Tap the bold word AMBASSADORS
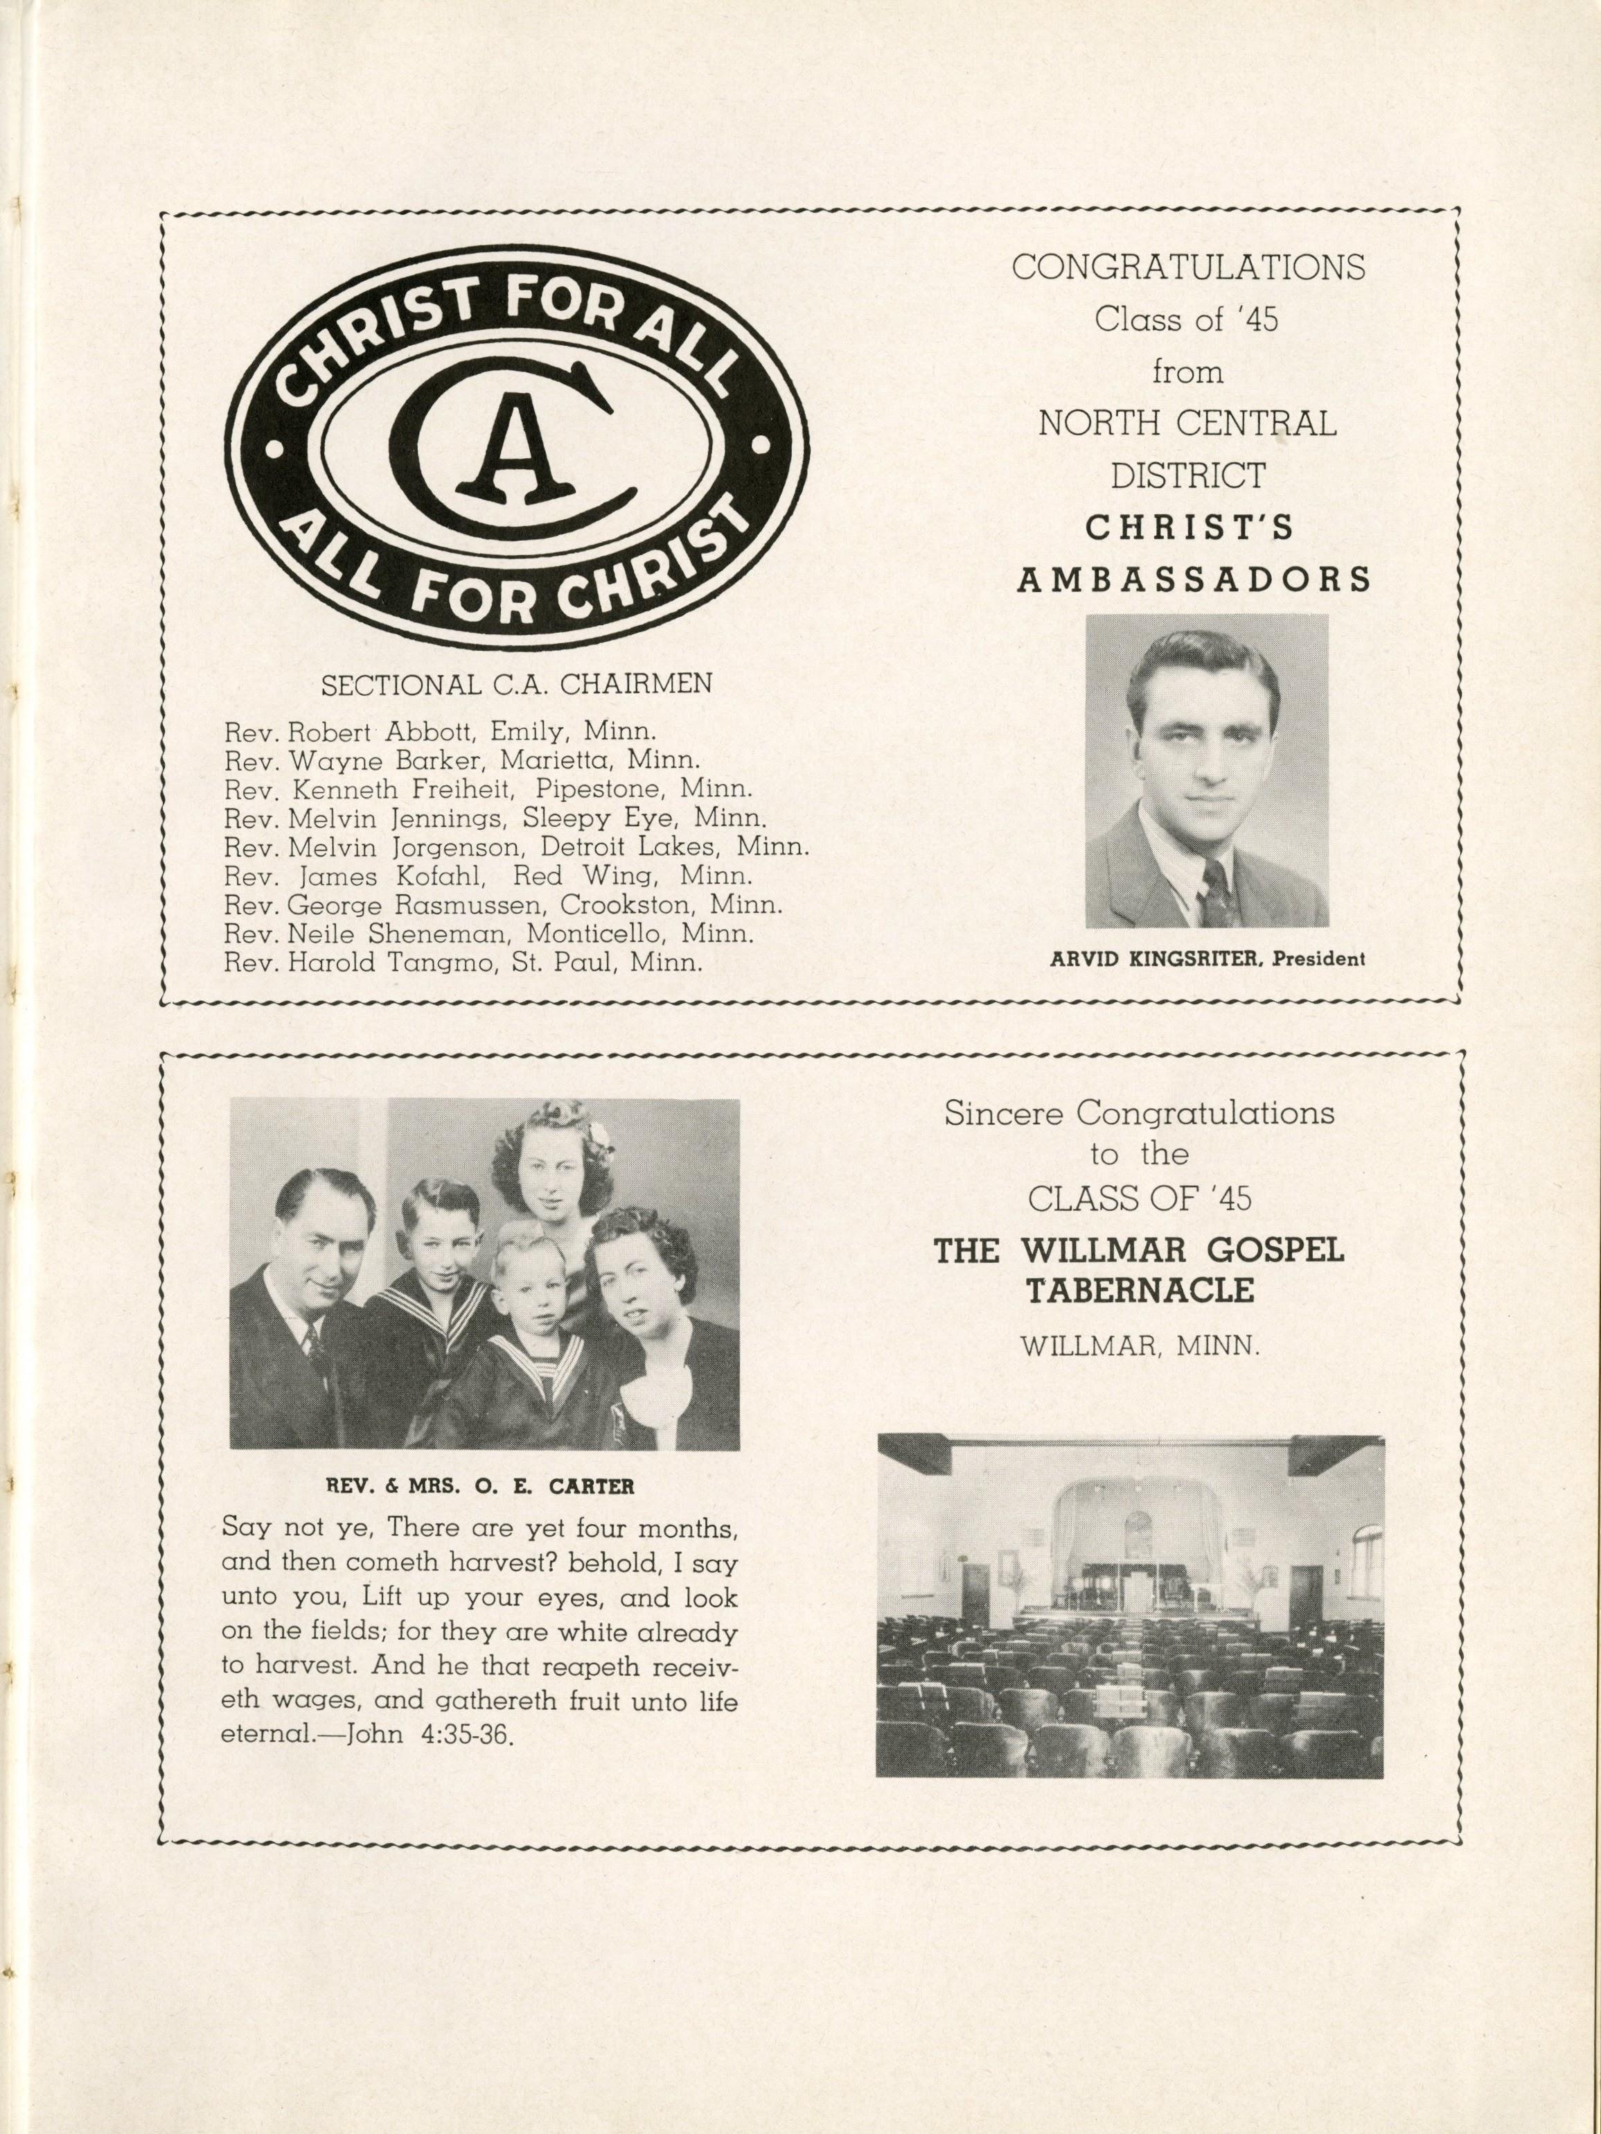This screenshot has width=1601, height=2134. [1194, 579]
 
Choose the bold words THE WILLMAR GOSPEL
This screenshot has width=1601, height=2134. [1138, 1251]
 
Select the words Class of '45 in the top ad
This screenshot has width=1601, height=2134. [1186, 320]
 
